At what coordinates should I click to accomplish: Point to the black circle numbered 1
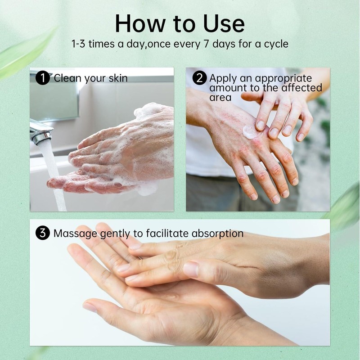coord(42,78)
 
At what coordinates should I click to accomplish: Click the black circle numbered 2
coord(199,78)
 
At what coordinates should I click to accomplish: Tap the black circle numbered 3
coord(42,234)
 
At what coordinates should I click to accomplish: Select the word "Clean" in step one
coord(67,78)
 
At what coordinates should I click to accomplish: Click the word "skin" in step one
coord(118,78)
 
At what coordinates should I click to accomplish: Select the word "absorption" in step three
coord(217,234)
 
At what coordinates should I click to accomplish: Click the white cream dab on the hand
coord(250,131)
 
